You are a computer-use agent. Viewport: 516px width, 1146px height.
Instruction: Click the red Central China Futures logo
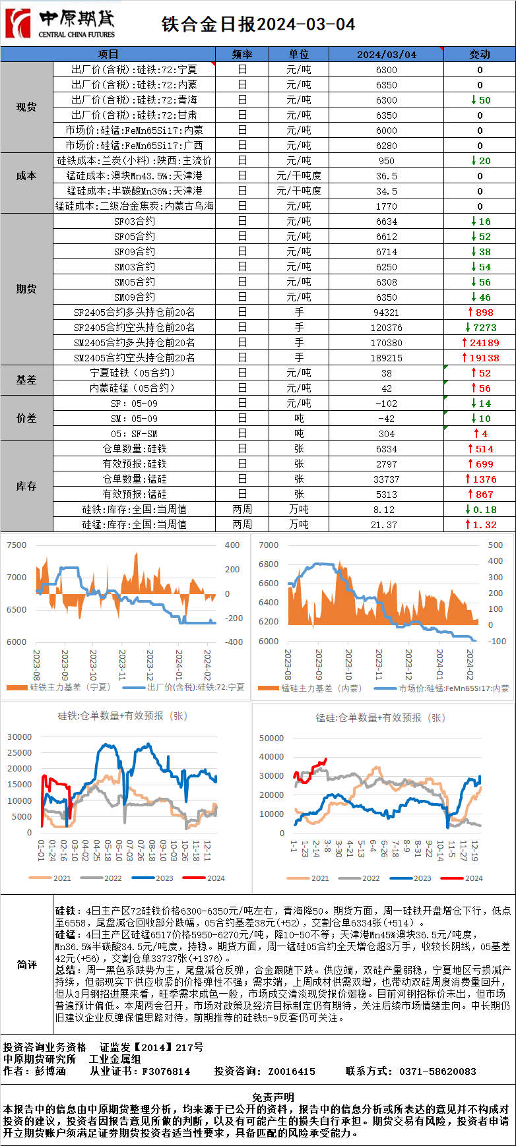18,23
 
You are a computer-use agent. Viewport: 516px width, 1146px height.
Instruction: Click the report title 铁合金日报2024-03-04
258,24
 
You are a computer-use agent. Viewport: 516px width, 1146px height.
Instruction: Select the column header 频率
242,54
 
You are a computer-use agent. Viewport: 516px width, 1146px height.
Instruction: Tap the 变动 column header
480,54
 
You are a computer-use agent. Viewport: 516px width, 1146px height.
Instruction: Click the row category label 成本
26,176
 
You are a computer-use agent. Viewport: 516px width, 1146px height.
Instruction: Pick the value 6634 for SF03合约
387,222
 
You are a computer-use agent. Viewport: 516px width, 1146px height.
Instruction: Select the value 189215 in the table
387,358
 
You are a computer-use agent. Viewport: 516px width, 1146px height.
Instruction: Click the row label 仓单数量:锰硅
135,479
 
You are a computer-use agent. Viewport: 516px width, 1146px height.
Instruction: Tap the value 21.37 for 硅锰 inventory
387,525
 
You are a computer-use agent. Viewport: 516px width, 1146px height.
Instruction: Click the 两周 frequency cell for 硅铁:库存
242,510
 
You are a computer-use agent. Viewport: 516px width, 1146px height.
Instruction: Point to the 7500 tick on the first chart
16,545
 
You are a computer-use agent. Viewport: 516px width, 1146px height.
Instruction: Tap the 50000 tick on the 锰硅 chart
272,739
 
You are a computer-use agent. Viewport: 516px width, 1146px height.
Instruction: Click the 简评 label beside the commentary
26,965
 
